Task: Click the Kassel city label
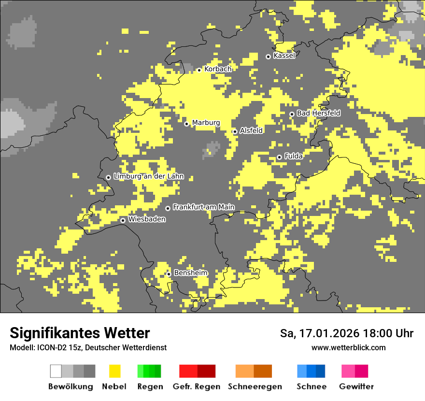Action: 284,56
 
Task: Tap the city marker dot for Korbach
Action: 199,70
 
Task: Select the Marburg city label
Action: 206,123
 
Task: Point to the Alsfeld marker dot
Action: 235,131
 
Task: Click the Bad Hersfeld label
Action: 318,113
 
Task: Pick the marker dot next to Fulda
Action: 279,157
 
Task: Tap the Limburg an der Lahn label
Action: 148,176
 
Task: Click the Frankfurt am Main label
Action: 203,207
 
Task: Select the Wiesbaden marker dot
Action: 123,220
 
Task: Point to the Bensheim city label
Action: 190,273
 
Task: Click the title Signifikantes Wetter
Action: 80,333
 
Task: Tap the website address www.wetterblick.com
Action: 348,347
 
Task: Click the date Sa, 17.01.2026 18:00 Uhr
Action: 346,333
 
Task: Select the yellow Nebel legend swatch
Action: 114,371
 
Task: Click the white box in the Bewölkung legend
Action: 56,371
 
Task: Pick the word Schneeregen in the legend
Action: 255,387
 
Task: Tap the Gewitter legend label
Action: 356,387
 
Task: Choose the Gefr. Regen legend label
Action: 196,387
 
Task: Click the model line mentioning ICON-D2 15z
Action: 88,347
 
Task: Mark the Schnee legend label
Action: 312,387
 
